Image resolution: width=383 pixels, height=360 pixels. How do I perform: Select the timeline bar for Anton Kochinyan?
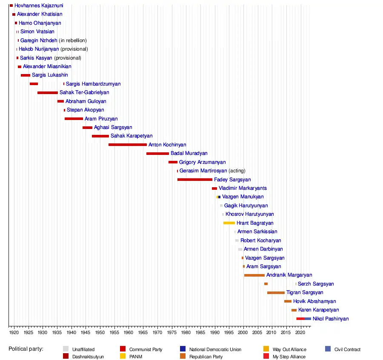point(127,145)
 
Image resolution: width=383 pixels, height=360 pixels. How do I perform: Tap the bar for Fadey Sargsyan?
point(194,180)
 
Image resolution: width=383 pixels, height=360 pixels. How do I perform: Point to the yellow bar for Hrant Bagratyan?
point(229,223)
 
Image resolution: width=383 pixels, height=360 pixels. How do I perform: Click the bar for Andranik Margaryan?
point(254,275)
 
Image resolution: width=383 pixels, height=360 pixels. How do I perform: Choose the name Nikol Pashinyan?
point(330,319)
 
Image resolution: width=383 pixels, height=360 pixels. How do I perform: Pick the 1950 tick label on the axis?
point(100,331)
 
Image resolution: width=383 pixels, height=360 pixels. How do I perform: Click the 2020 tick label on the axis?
point(300,331)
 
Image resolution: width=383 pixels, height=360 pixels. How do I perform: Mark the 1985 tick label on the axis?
point(200,331)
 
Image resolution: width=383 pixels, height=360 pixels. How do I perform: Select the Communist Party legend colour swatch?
point(123,349)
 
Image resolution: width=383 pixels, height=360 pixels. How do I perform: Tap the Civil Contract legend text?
point(347,349)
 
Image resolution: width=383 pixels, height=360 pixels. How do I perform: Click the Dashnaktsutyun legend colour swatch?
point(66,357)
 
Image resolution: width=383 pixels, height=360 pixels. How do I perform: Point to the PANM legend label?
point(136,357)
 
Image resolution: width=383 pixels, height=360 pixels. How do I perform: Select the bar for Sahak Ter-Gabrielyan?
point(47,92)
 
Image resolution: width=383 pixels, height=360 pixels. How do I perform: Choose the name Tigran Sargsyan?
point(305,293)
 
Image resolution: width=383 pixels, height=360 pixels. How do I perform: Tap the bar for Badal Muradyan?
point(157,154)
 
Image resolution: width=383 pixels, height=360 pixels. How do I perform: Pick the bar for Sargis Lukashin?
point(25,75)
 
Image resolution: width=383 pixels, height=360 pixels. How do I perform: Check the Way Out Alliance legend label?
point(289,349)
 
